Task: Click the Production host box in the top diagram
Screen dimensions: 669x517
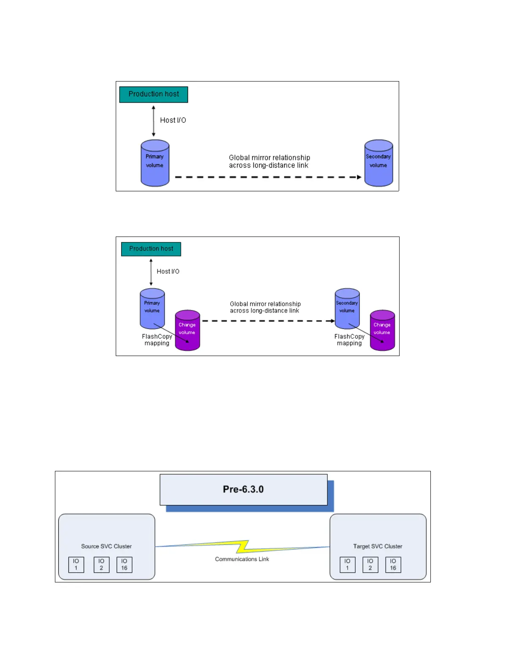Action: pos(154,94)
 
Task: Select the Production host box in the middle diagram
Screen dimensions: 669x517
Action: pos(151,249)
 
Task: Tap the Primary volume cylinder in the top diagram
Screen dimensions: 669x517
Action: pos(155,163)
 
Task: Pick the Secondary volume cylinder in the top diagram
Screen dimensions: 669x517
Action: pos(378,163)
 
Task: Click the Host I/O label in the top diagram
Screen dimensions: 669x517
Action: pos(173,120)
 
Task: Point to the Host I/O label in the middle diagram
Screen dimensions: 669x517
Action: pos(168,272)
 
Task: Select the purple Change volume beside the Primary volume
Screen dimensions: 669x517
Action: pos(188,331)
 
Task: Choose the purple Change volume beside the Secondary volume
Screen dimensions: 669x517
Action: pos(382,331)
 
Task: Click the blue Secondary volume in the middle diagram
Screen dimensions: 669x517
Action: pos(347,308)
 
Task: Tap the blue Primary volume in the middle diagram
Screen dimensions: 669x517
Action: pos(152,308)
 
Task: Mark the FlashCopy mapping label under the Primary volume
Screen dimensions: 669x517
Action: pos(157,340)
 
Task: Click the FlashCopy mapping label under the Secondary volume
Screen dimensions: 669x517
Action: pos(349,340)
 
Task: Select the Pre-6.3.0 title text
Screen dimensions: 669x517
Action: pos(243,490)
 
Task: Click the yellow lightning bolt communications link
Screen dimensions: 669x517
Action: pos(242,547)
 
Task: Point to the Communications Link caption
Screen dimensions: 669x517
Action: pos(242,559)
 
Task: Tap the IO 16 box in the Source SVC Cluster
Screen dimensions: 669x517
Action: pos(125,565)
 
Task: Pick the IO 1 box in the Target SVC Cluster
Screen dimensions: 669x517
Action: pos(348,565)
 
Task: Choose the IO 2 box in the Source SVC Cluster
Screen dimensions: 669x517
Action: pos(101,565)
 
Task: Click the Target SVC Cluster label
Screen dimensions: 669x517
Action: pos(378,547)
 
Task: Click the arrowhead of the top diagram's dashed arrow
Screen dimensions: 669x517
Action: pos(359,177)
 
